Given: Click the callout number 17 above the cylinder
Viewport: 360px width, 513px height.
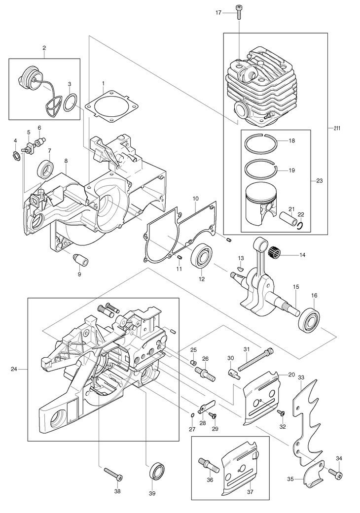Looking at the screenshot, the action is click(218, 12).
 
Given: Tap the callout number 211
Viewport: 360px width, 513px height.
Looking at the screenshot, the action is click(337, 128).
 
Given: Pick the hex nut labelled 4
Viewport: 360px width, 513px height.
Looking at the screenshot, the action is click(17, 154).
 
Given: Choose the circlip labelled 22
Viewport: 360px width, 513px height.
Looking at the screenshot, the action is click(302, 225).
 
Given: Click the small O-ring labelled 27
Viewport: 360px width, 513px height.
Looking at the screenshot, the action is click(192, 415).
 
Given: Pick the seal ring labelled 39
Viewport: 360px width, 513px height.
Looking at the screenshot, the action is click(157, 471).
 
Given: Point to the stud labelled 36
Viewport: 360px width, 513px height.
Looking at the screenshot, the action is click(208, 465).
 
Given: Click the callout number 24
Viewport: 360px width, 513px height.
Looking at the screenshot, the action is click(14, 369).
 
